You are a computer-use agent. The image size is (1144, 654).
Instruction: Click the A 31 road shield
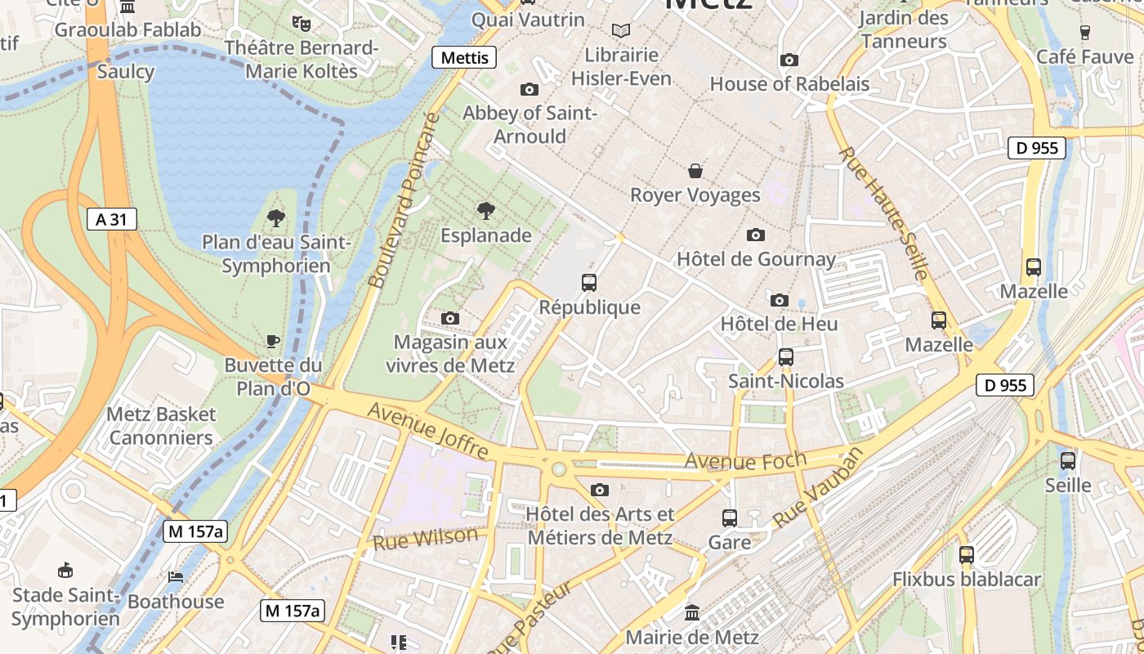tap(111, 219)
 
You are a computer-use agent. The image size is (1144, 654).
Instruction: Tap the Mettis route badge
tap(464, 57)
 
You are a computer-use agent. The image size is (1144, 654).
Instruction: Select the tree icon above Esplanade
tap(486, 211)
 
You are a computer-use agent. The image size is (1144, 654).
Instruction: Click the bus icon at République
tap(589, 283)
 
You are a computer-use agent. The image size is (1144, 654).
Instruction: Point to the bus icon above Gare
tap(729, 517)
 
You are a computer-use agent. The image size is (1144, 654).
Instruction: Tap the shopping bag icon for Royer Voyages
tap(695, 171)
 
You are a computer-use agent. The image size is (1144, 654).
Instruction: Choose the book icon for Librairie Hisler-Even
tap(621, 30)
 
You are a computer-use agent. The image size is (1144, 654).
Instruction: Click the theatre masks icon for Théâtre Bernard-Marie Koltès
tap(302, 23)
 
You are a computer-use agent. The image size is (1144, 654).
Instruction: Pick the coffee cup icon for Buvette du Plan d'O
tap(273, 341)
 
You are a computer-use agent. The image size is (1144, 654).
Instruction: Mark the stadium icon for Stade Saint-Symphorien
tap(65, 570)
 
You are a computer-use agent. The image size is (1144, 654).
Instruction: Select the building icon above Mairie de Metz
tap(692, 612)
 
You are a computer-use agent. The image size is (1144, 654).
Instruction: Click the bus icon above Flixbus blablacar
tap(967, 555)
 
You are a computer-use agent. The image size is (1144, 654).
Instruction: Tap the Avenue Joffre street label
tap(427, 430)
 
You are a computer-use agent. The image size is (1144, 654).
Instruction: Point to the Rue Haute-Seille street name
tap(883, 213)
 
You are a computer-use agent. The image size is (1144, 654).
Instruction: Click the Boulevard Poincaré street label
tap(404, 201)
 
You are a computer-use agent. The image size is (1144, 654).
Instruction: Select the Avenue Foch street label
tap(744, 460)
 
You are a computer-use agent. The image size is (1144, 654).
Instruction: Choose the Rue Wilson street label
tap(425, 538)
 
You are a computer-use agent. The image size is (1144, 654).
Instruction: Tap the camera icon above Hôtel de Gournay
tap(756, 235)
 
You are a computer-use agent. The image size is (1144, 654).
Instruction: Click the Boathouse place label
tap(176, 602)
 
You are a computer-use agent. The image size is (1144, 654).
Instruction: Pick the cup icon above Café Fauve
tap(1085, 33)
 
